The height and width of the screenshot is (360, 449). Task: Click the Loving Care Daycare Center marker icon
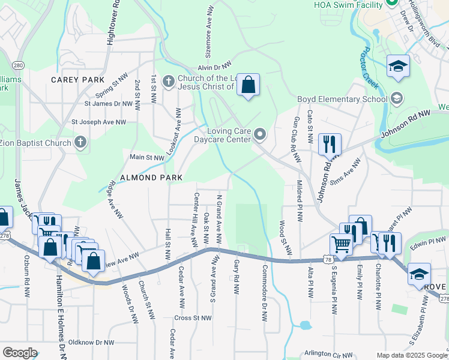pyautogui.click(x=259, y=135)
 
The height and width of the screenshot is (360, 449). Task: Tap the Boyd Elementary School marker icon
pyautogui.click(x=396, y=98)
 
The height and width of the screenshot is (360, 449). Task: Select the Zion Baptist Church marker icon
pyautogui.click(x=80, y=143)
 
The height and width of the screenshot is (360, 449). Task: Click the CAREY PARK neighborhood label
pyautogui.click(x=77, y=80)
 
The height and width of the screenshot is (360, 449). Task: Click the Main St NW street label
pyautogui.click(x=147, y=157)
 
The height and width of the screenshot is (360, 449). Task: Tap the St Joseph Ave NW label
pyautogui.click(x=99, y=122)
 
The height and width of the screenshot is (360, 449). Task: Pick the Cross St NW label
pyautogui.click(x=193, y=317)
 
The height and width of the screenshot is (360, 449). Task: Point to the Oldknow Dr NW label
pyautogui.click(x=91, y=343)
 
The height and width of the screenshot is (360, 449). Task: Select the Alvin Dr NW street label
pyautogui.click(x=214, y=68)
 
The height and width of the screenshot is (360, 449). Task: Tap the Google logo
pyautogui.click(x=20, y=353)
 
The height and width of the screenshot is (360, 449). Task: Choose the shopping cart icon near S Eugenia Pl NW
pyautogui.click(x=340, y=244)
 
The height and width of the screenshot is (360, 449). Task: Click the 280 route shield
pyautogui.click(x=18, y=65)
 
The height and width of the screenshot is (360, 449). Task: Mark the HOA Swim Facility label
pyautogui.click(x=348, y=5)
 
